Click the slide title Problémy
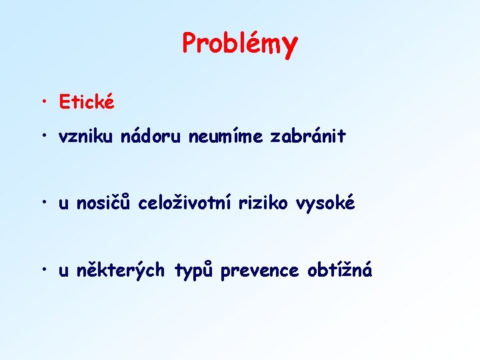pos(240,43)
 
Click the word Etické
pos(87,103)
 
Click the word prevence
pos(261,271)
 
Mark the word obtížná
pos(340,271)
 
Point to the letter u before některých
pos(63,273)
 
